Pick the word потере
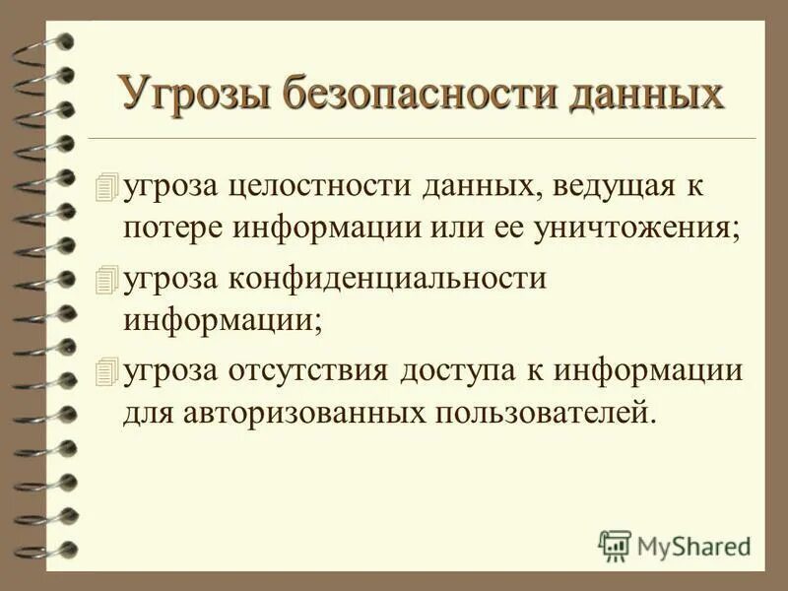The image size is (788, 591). pyautogui.click(x=174, y=230)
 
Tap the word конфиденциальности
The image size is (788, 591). pyautogui.click(x=389, y=279)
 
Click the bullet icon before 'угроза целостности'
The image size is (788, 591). pyautogui.click(x=106, y=185)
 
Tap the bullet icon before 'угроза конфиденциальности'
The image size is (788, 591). pyautogui.click(x=106, y=280)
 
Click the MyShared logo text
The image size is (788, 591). pyautogui.click(x=693, y=544)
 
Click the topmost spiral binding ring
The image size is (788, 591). pyautogui.click(x=49, y=41)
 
